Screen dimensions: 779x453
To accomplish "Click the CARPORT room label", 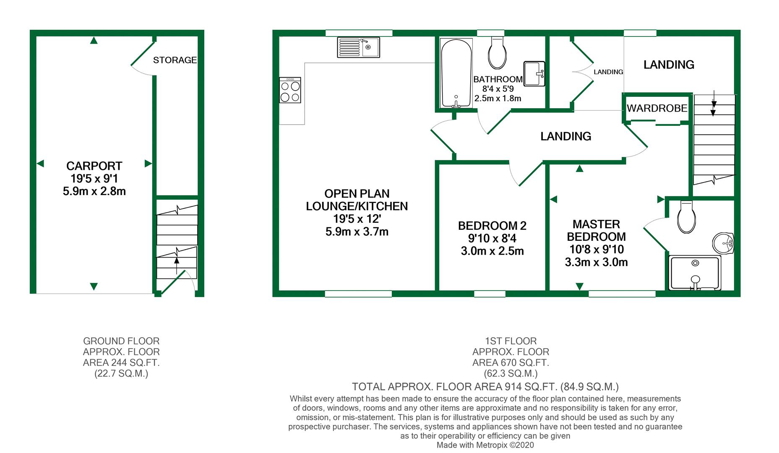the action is coord(94,166).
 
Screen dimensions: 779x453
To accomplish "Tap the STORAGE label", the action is coord(175,60).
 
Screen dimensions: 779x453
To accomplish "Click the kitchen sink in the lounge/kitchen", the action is coord(358,47).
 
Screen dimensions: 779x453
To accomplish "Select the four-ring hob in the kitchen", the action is coord(290,90).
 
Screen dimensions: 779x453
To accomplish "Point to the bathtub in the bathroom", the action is coord(456,73).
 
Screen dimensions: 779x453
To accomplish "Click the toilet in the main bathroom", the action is coord(498,52).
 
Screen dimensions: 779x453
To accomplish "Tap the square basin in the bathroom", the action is coord(534,74).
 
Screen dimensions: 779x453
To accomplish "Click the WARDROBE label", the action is coord(657,108).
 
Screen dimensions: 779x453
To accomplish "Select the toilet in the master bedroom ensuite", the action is coord(687,217).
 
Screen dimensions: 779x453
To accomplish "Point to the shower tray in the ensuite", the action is coord(695,273).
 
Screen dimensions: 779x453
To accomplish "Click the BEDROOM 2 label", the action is coord(492,226).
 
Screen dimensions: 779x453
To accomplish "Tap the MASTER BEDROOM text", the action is coord(596,230).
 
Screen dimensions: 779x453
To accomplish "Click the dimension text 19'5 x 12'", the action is coord(357,219).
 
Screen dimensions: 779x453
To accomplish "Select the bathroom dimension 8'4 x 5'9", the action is coord(498,89).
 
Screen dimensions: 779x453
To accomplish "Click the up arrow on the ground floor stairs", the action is coord(177,266).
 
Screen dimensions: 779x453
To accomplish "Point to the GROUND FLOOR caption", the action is coord(121,341).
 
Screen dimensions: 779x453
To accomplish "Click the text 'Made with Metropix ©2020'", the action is coord(485,445).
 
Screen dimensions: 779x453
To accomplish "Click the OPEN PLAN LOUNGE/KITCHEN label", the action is coord(357,200).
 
